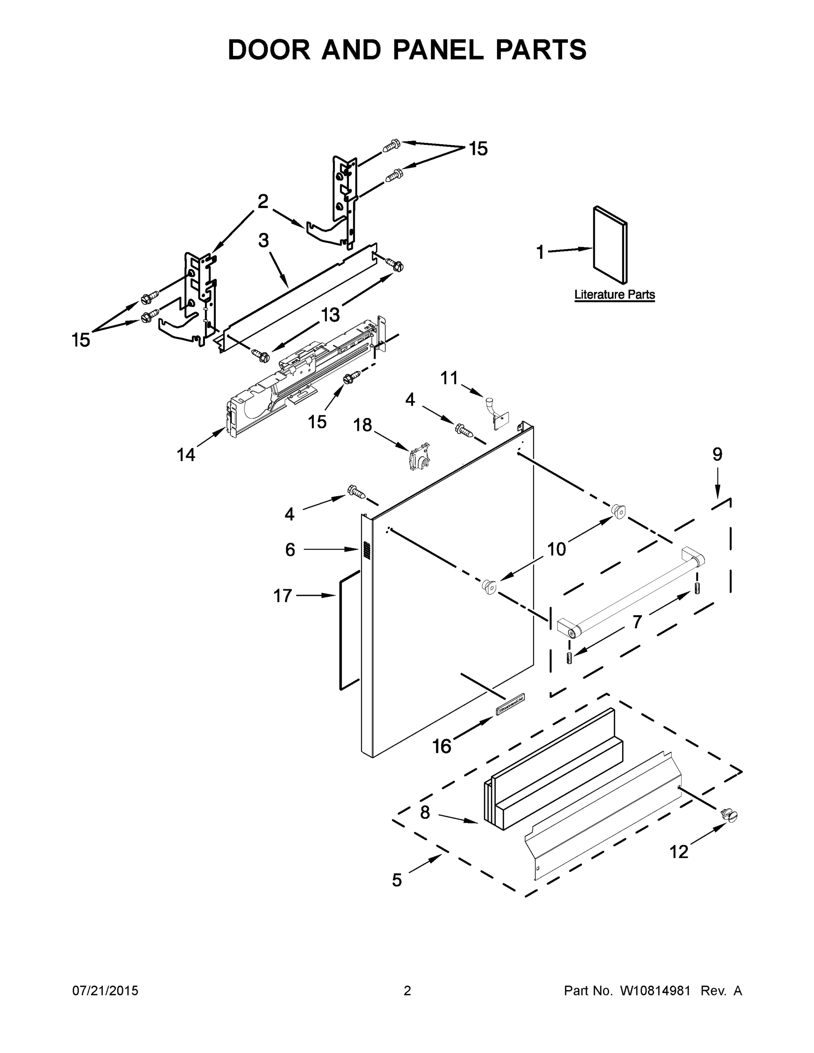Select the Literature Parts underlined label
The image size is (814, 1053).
tap(614, 294)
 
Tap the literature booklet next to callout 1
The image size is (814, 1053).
tap(610, 244)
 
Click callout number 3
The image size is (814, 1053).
tap(263, 240)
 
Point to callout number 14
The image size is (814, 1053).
tap(186, 454)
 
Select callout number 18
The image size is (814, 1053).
tap(362, 425)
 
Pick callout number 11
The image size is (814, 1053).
tap(449, 379)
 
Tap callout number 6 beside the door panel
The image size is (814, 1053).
tap(290, 550)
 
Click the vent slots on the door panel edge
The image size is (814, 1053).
tap(367, 551)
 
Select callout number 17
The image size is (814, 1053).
tap(283, 596)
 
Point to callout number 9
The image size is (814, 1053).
tap(717, 454)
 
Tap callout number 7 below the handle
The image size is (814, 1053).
tap(637, 623)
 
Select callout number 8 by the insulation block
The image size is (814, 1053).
tap(425, 813)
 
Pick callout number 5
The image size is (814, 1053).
tap(396, 881)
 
